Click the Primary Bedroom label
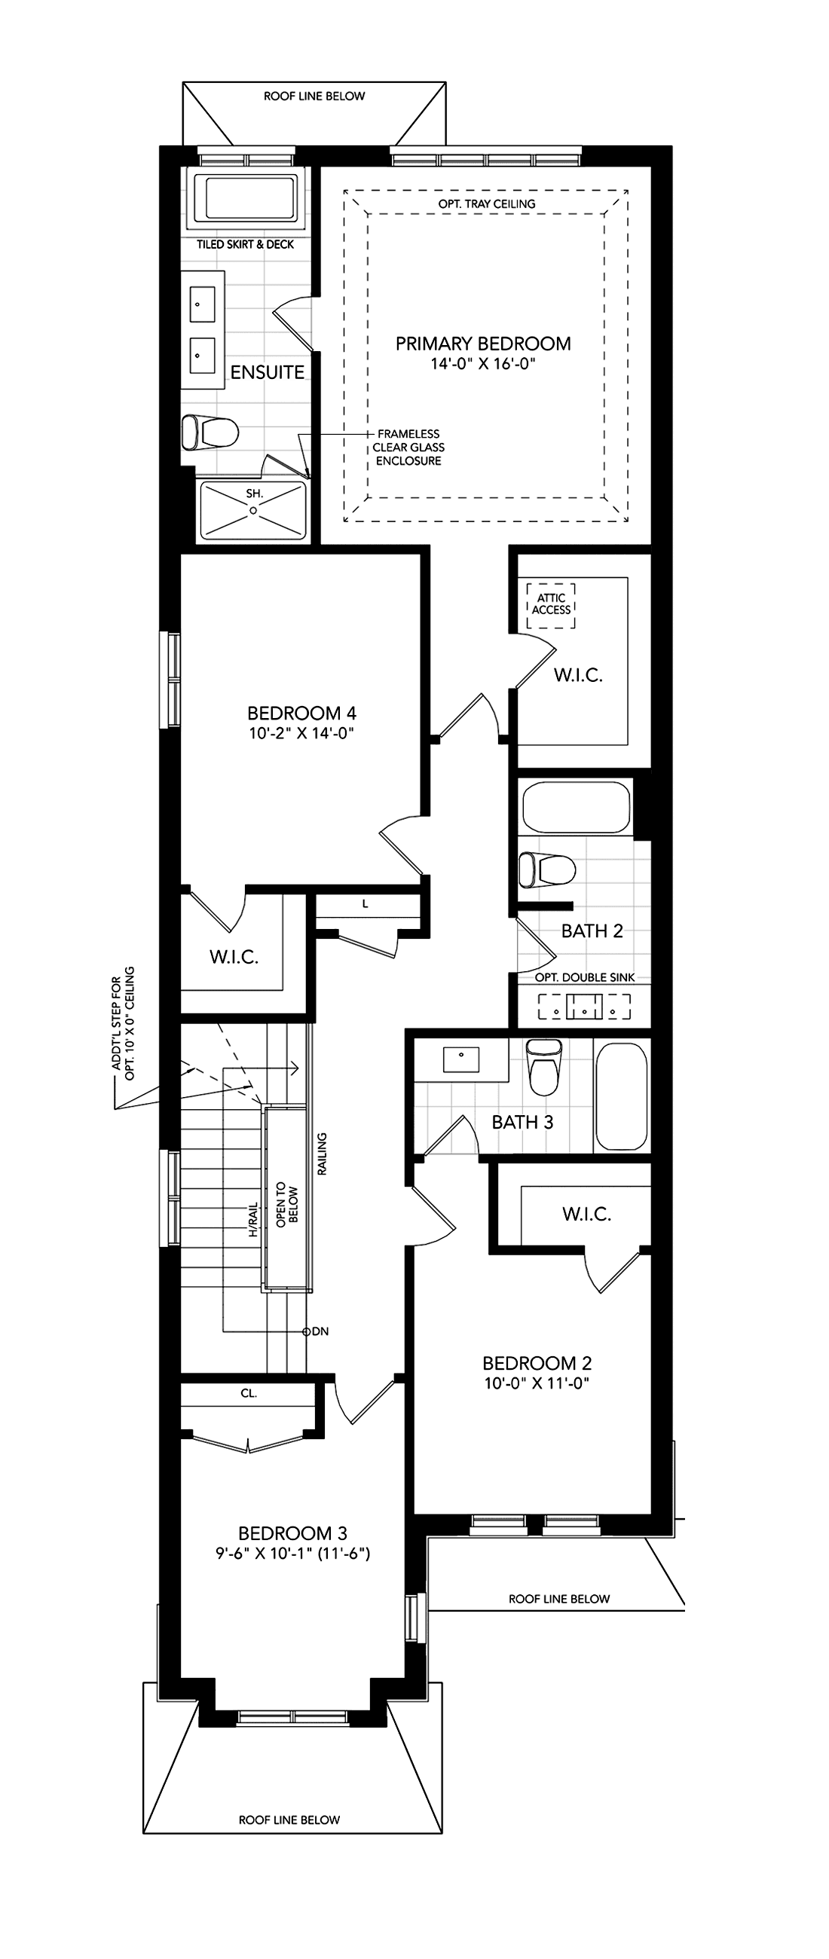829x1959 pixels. (483, 344)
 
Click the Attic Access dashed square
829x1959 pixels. (551, 605)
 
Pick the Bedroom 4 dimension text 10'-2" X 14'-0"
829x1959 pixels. (302, 734)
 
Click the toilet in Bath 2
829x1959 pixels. (546, 871)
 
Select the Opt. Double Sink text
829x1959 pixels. (584, 977)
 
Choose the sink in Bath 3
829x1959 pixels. (461, 1059)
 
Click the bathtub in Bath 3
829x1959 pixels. (621, 1096)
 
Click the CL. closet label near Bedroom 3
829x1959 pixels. (249, 1394)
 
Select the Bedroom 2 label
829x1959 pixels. (537, 1363)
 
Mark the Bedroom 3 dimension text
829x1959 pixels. (293, 1554)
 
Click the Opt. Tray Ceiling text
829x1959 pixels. (487, 203)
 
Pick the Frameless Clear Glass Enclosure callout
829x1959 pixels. (408, 447)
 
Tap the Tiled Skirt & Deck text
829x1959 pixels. (245, 244)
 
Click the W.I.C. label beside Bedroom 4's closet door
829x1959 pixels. (234, 957)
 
